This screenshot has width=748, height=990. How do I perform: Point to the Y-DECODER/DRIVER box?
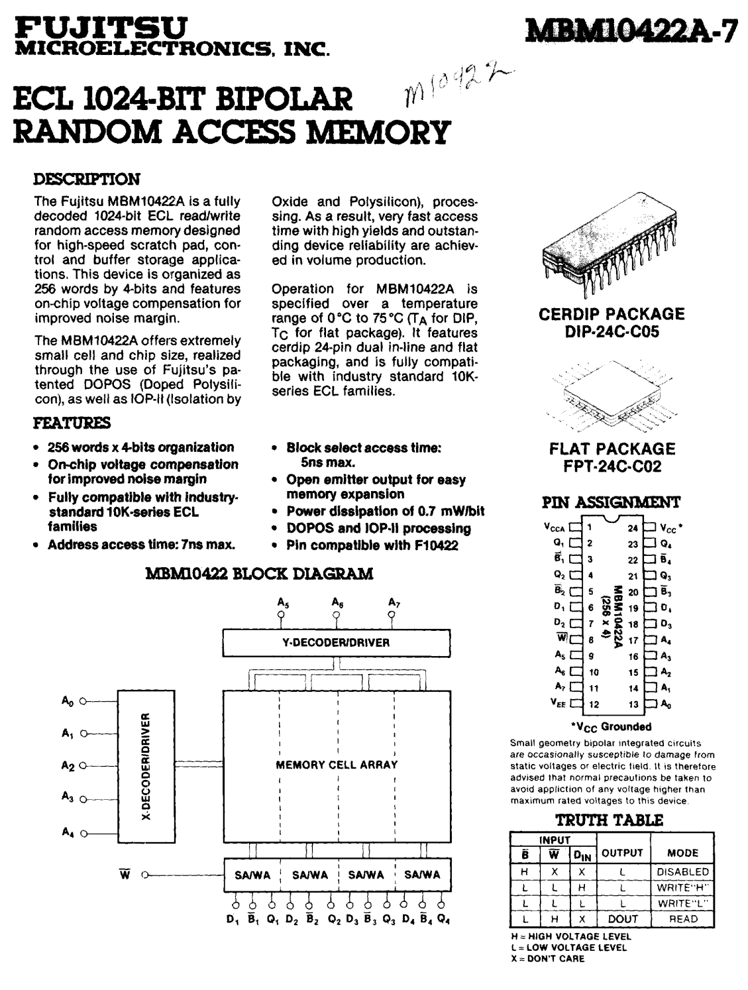click(x=336, y=642)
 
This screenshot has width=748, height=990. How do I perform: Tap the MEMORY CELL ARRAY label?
click(x=337, y=764)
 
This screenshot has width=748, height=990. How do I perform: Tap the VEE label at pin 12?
click(x=557, y=704)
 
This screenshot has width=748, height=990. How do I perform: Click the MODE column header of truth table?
click(x=682, y=853)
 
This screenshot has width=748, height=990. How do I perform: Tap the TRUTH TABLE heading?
click(x=608, y=820)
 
